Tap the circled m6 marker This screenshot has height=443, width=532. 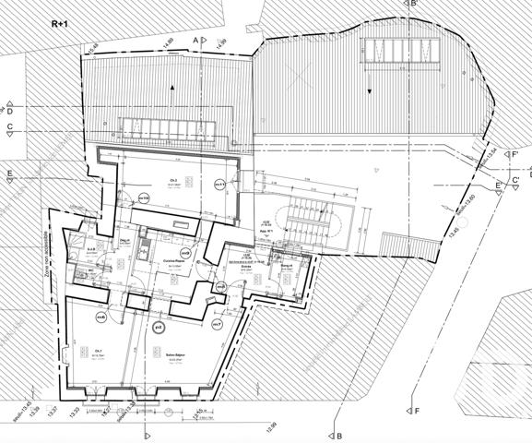click(101, 317)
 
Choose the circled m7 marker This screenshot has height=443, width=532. click(217, 325)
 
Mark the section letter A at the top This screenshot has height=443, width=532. click(195, 40)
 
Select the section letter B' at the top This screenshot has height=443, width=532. click(415, 5)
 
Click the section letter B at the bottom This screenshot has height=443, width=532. click(339, 436)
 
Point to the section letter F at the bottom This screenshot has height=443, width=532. click(417, 410)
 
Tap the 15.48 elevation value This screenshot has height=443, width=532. click(92, 49)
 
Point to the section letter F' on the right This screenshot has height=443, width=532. click(515, 153)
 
